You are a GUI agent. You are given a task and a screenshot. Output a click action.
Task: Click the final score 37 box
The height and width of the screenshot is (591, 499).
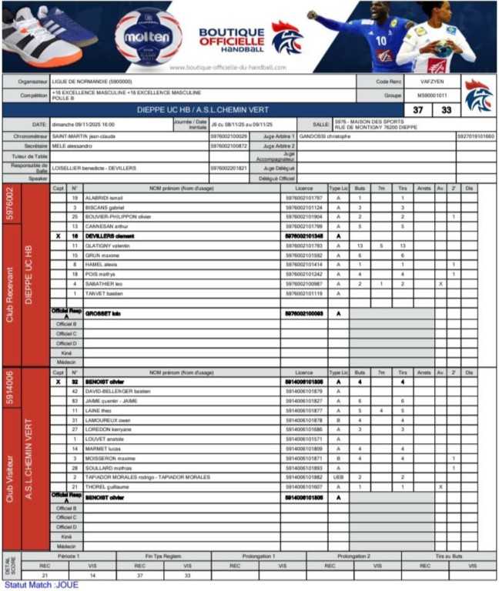click(x=418, y=110)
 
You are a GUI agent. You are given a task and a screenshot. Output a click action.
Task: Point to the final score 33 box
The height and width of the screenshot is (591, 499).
click(x=445, y=110)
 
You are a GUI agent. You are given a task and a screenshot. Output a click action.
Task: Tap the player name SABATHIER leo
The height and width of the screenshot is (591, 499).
click(x=103, y=283)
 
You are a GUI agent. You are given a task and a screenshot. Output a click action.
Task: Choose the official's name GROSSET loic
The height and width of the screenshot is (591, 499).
click(x=103, y=313)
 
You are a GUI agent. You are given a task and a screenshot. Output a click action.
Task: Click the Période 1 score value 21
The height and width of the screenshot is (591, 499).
click(x=24, y=575)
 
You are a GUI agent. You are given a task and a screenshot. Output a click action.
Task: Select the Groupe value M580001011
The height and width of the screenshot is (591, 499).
click(x=432, y=95)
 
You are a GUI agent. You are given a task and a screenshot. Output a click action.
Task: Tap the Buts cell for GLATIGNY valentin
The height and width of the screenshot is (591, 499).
click(x=360, y=245)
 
